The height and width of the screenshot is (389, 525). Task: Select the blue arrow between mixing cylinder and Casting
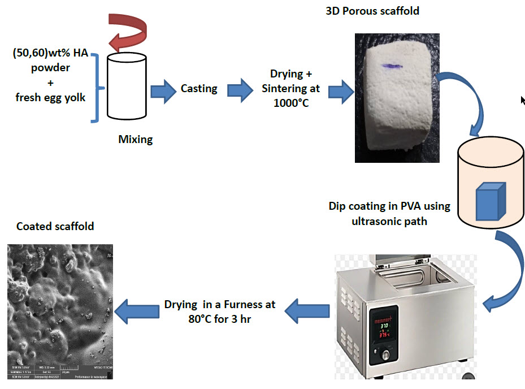coord(163,90)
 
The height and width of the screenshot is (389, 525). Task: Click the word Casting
coord(199,89)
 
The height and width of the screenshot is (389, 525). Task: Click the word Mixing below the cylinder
coord(135,139)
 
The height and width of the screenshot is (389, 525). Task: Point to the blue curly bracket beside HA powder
coord(97,88)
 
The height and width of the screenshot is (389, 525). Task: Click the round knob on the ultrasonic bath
coord(385,357)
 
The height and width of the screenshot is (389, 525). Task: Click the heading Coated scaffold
coord(55,227)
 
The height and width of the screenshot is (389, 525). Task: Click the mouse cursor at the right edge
coord(523,100)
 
